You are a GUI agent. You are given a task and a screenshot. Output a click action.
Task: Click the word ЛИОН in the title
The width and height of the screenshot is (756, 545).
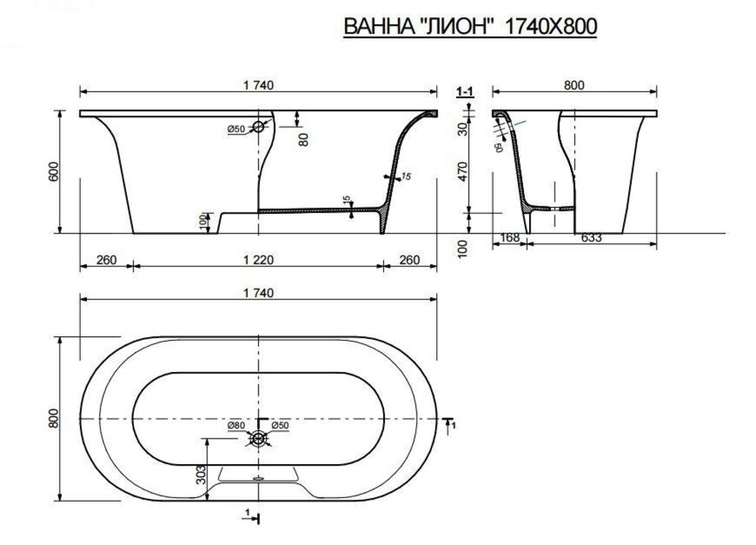(x=456, y=26)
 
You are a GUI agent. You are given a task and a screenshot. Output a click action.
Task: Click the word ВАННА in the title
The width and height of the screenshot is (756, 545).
(x=376, y=26)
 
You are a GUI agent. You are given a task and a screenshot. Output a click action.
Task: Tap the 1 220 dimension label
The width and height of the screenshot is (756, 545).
(x=259, y=260)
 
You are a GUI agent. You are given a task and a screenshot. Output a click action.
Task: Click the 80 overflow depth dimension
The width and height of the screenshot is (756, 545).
(x=303, y=139)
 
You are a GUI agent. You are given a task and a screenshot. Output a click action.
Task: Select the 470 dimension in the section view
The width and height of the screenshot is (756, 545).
(x=462, y=172)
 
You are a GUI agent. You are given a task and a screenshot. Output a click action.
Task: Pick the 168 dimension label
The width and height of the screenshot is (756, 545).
(x=510, y=237)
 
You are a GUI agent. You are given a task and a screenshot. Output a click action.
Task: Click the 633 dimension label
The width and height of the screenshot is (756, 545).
(x=592, y=237)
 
